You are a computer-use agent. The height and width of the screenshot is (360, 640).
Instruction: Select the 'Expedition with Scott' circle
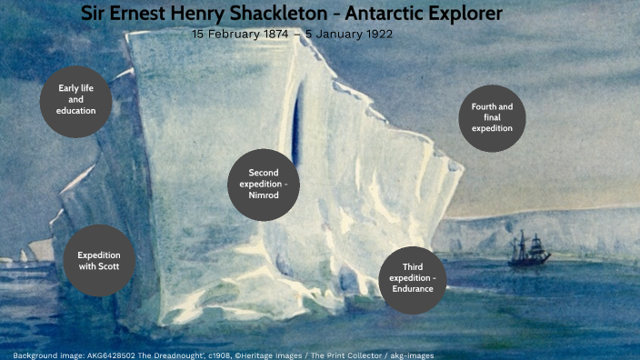pos(99,261)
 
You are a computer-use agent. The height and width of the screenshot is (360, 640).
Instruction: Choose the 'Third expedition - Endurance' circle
pos(412,277)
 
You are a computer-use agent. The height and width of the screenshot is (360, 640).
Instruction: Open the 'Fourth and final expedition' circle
pos(492,118)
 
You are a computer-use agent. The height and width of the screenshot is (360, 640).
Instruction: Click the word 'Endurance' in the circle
pos(413,289)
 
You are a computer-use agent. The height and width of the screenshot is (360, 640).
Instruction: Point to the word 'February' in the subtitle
pos(233,35)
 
